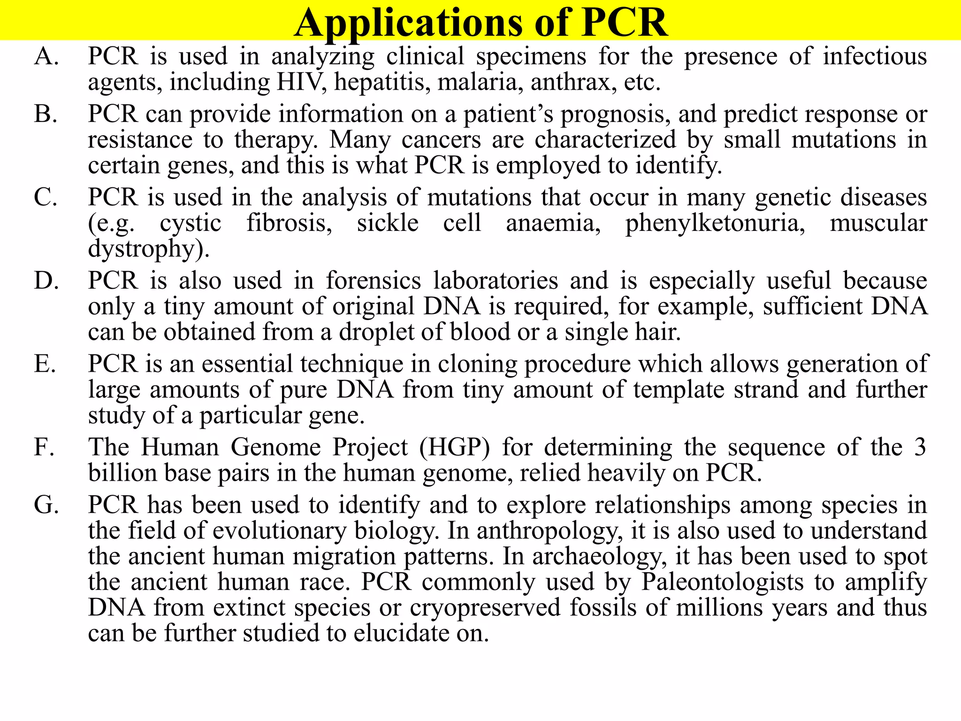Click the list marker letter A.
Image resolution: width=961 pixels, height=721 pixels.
(46, 57)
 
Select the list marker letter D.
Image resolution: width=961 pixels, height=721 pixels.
(46, 281)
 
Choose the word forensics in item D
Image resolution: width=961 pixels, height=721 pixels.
(374, 281)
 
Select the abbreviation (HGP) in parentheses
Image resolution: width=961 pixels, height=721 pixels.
(454, 447)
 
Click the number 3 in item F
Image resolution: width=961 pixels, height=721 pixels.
(920, 447)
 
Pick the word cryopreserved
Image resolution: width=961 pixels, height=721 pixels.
(485, 608)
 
